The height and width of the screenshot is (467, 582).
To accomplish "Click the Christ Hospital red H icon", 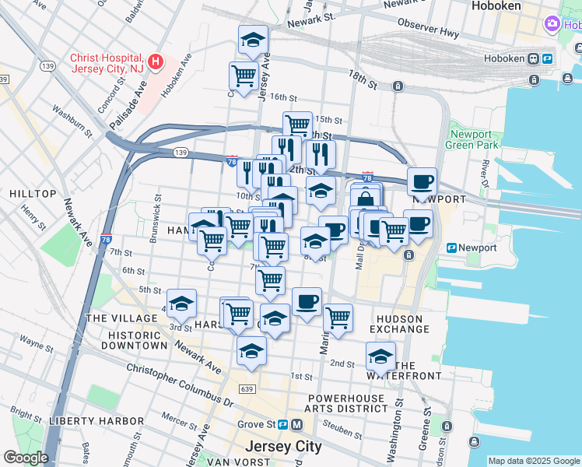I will (156, 61).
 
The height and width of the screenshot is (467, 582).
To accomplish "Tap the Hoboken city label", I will (501, 6).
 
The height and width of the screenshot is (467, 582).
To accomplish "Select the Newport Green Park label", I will (473, 139).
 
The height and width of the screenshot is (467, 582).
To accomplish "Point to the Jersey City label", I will (283, 447).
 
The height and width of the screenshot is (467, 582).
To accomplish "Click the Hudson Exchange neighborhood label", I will (399, 324).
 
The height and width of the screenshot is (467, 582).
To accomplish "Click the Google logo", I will (25, 458).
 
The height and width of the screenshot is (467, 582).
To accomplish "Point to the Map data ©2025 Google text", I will (534, 461).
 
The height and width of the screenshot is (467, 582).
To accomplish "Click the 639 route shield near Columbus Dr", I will (248, 389).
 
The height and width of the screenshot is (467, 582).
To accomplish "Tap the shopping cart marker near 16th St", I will (244, 75).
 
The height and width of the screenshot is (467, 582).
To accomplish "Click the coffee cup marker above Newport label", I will (422, 181).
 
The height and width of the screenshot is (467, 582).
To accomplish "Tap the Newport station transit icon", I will (451, 248).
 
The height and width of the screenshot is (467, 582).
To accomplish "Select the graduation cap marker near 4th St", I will (181, 303).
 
